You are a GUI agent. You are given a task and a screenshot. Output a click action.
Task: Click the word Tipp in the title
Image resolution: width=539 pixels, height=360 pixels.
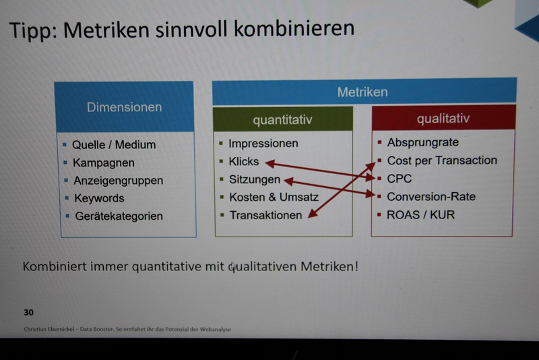click(x=32, y=31)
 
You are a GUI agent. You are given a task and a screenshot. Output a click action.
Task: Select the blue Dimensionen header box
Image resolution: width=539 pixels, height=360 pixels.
click(x=124, y=107)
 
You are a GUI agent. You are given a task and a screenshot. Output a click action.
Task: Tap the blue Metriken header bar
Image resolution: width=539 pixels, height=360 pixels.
click(x=364, y=92)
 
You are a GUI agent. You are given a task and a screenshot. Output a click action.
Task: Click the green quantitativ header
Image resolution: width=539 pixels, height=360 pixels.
click(x=283, y=119)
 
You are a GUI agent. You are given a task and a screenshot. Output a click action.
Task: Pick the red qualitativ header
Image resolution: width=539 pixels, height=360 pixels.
click(x=444, y=118)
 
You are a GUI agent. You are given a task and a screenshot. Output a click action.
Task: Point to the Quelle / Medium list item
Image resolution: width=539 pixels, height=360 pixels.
click(x=114, y=145)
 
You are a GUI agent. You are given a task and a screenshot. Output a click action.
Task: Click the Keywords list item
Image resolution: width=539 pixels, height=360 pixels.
click(x=99, y=198)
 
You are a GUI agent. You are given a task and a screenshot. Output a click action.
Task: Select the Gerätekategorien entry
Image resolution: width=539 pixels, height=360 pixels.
click(x=119, y=216)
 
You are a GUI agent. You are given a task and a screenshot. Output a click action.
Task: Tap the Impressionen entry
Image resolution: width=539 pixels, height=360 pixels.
click(x=263, y=144)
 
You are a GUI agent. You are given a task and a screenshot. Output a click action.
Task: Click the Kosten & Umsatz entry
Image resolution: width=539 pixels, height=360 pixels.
click(x=274, y=197)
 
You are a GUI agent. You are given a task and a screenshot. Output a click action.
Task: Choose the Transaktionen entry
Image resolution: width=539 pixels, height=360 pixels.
click(x=265, y=215)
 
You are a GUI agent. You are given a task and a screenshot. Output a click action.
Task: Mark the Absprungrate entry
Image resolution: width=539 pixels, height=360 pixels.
click(x=423, y=142)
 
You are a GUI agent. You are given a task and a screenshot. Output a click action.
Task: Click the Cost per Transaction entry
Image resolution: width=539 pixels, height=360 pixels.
click(x=442, y=160)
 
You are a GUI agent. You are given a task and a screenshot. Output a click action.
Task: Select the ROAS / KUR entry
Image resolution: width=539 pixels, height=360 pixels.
click(x=420, y=215)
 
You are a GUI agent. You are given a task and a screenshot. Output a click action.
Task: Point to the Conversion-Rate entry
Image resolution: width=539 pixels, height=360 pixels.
click(x=431, y=197)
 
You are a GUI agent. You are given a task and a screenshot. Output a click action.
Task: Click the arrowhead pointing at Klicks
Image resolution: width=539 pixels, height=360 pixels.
click(x=269, y=164)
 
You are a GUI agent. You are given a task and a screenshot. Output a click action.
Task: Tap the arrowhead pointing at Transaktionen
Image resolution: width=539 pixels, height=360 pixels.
click(x=312, y=214)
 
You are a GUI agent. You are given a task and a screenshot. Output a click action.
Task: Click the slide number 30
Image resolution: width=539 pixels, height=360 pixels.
click(x=28, y=312)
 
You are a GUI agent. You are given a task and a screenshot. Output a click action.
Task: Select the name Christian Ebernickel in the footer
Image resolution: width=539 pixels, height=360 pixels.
click(x=49, y=329)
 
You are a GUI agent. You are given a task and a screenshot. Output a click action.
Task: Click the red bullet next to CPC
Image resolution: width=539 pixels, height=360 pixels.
click(x=379, y=179)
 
